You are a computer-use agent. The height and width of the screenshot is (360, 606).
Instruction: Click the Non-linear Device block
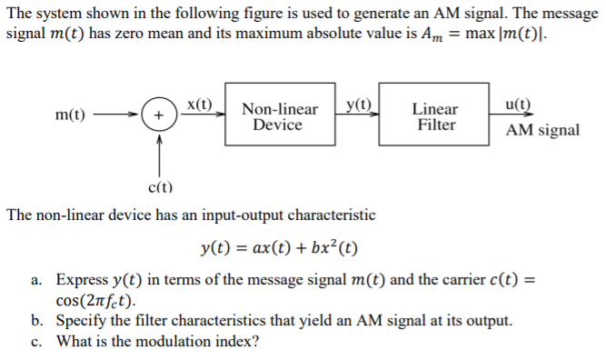click(279, 117)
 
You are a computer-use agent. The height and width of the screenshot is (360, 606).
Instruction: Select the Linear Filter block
click(436, 117)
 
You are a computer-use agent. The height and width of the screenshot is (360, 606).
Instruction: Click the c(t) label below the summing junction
click(160, 188)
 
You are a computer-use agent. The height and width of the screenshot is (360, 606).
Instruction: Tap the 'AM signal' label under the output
click(542, 130)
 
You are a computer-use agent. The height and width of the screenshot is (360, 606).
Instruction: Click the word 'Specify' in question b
click(79, 321)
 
